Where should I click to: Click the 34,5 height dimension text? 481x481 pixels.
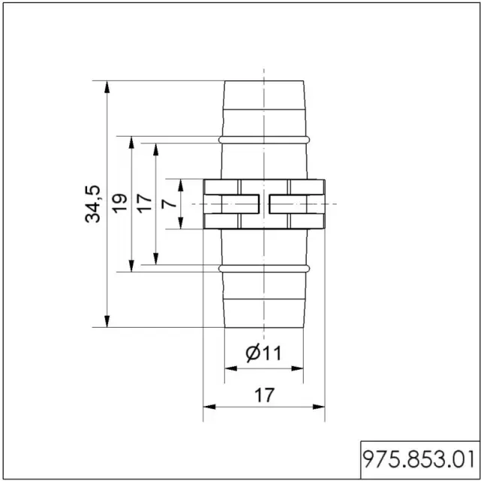coord(92,204)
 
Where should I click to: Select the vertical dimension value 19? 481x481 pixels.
coord(119,202)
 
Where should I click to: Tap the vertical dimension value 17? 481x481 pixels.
coord(144,204)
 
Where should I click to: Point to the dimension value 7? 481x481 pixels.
coord(168,204)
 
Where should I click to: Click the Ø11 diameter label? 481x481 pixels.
coord(264,353)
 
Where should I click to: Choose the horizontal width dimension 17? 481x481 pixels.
coord(264,395)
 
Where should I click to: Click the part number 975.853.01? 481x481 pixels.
coord(419,459)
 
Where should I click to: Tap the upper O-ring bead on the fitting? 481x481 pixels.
coord(264,140)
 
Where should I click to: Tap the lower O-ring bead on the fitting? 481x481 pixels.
coord(264,269)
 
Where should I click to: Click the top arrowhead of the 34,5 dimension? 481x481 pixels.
coord(107,87)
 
